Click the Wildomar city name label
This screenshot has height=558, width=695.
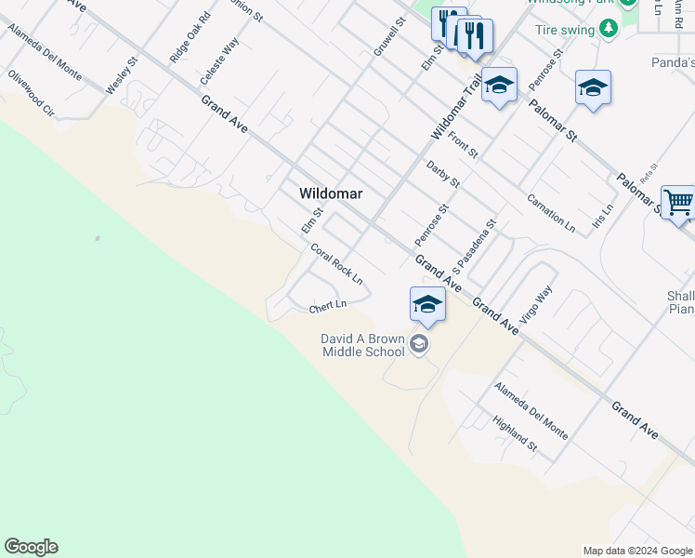(x=330, y=193)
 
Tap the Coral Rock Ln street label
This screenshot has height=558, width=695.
(x=335, y=264)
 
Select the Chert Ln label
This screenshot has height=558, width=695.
(x=327, y=304)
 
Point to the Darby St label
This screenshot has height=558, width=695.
(x=443, y=174)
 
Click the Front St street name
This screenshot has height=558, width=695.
(x=462, y=144)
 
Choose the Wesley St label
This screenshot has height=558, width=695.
(x=122, y=75)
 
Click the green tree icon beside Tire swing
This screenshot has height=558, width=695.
(x=610, y=29)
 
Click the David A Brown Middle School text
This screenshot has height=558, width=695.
(x=363, y=345)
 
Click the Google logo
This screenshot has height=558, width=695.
(x=31, y=547)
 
